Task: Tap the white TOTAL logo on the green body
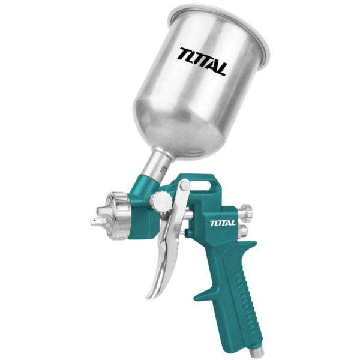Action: pyautogui.click(x=225, y=225)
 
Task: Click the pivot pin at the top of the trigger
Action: pyautogui.click(x=184, y=187)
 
